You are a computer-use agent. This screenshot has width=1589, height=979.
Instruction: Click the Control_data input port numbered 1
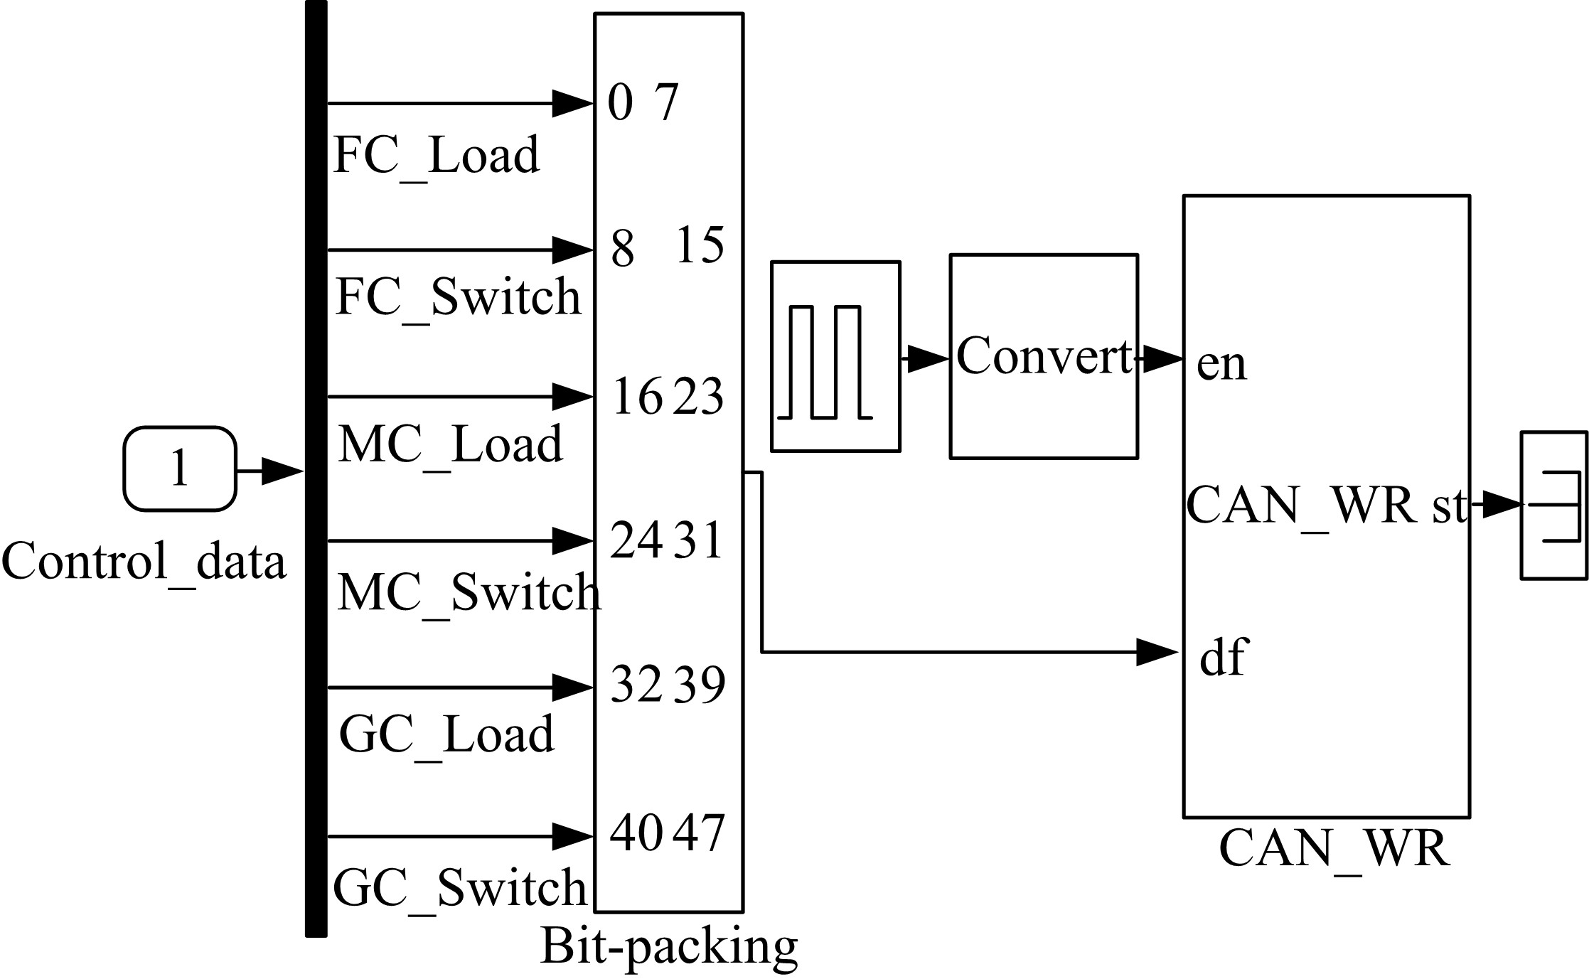point(179,469)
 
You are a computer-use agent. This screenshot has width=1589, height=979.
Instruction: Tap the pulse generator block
point(835,356)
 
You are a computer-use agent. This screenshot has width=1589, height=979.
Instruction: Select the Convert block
point(1044,356)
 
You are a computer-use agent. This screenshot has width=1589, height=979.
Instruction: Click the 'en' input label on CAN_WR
point(1221,364)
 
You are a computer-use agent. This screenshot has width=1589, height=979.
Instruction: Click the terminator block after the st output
point(1553,505)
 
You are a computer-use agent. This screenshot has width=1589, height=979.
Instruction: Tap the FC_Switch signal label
point(458,296)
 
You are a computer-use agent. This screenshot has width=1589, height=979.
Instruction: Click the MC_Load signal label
point(450,444)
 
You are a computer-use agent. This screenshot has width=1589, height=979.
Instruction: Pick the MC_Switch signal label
point(469,592)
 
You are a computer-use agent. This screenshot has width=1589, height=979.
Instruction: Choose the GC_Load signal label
point(446,734)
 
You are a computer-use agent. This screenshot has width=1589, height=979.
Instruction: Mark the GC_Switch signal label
point(460,887)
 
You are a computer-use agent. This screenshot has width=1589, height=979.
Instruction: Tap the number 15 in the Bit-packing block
point(700,246)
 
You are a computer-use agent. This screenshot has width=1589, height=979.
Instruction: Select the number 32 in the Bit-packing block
point(636,685)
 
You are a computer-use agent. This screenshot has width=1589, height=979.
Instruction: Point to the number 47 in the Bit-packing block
point(699,833)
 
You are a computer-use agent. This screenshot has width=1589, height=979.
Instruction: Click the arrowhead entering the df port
point(1156,652)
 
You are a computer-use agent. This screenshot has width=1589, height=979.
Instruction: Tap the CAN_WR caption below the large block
point(1334,848)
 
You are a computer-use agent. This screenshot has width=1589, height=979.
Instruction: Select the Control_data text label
point(144,561)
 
